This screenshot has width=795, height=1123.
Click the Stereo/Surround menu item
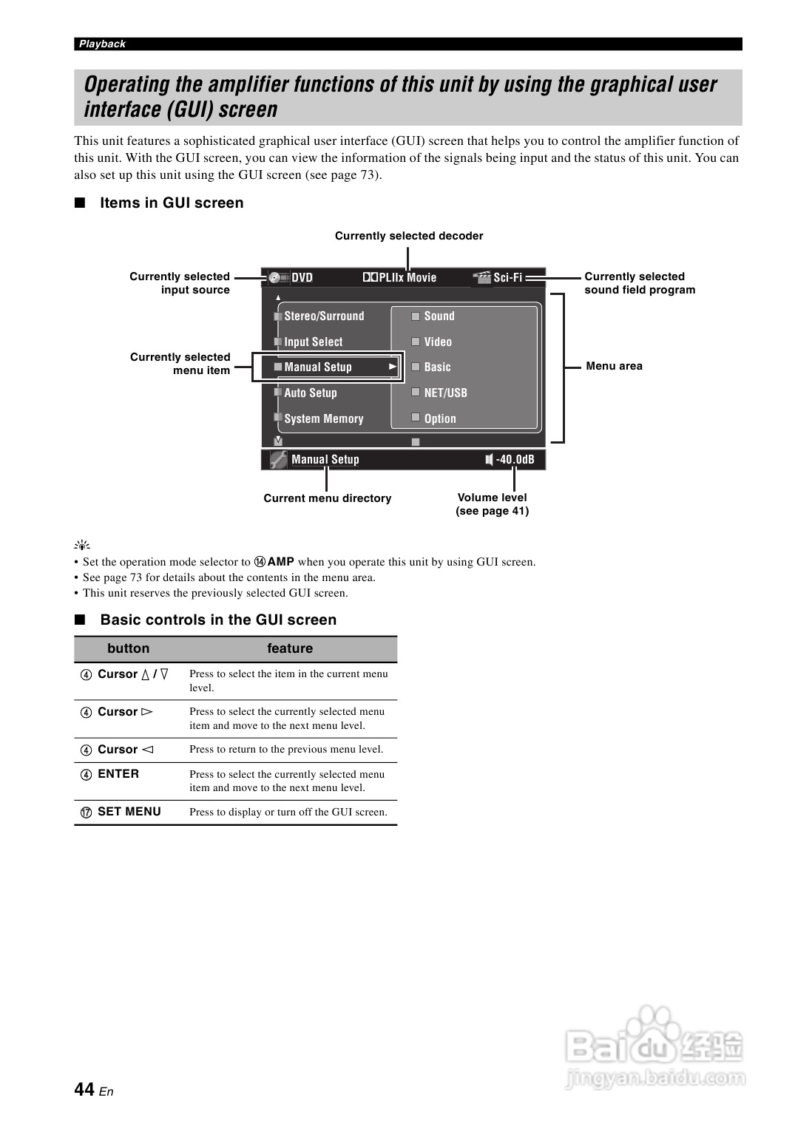click(x=324, y=316)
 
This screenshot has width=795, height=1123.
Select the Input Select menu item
click(x=313, y=342)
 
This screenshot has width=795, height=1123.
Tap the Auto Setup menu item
click(x=310, y=393)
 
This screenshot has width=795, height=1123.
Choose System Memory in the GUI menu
click(x=323, y=418)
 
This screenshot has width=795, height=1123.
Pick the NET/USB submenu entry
click(x=445, y=393)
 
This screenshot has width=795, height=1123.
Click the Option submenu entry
click(x=439, y=418)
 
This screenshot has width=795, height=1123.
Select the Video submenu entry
click(x=437, y=342)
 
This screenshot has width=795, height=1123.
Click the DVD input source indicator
click(x=301, y=278)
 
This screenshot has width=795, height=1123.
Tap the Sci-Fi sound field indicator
click(x=507, y=278)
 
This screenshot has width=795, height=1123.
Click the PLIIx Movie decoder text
click(x=407, y=278)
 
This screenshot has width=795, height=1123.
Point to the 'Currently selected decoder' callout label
click(x=408, y=236)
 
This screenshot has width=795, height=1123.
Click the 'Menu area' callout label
click(x=614, y=366)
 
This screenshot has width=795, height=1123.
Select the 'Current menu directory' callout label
click(x=327, y=498)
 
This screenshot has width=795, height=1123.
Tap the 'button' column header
click(x=128, y=648)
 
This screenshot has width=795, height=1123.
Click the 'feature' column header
click(x=289, y=648)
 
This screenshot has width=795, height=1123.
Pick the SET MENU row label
click(x=129, y=811)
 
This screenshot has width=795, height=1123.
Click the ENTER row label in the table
click(x=118, y=773)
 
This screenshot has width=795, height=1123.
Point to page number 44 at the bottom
click(x=84, y=1089)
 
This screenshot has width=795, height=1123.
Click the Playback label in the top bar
click(x=102, y=44)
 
